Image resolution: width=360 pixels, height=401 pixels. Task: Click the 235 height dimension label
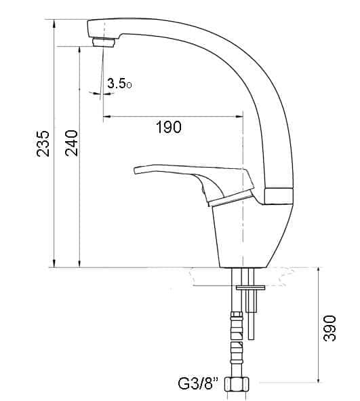point(43,143)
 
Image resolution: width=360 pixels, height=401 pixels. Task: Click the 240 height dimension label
point(71,143)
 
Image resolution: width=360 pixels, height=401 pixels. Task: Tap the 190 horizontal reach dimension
point(169,127)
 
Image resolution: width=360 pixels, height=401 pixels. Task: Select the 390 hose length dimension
point(329,328)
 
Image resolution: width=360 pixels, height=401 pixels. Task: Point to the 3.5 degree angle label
point(119,83)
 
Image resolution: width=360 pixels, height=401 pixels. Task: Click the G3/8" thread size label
point(199,383)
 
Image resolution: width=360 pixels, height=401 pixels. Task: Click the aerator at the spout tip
point(104,42)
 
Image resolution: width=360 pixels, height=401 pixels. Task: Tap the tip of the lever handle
point(135,170)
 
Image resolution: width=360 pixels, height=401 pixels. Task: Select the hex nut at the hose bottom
point(237,384)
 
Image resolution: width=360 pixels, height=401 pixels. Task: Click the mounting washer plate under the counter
point(250,288)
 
